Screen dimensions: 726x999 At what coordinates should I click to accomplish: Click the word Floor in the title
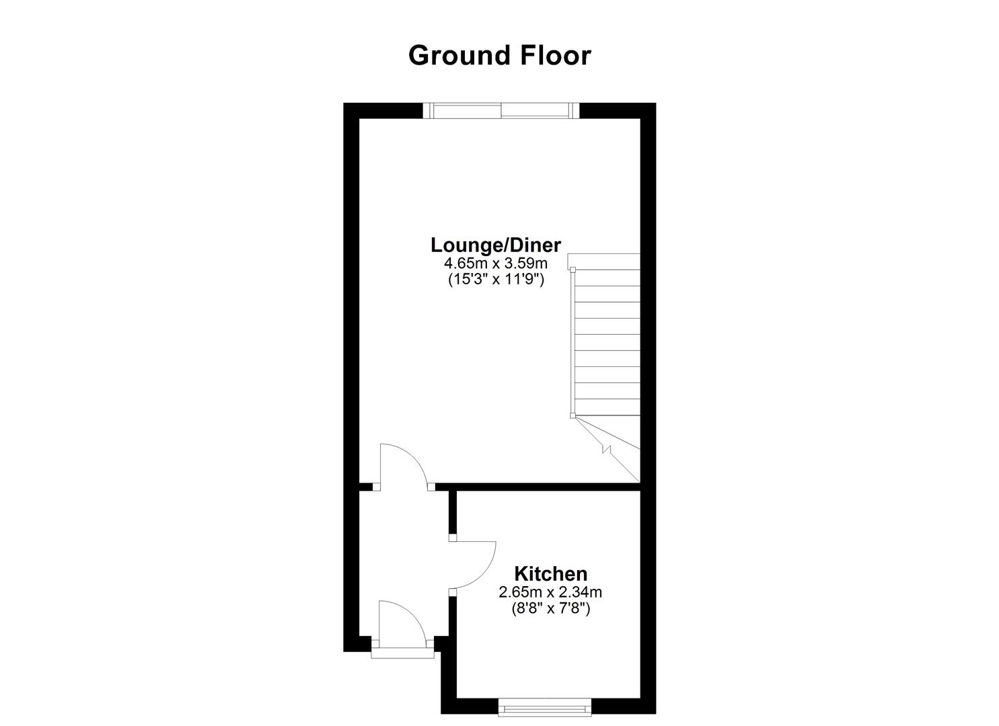pos(556,56)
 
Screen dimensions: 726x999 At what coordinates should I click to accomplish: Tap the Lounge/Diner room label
pos(496,245)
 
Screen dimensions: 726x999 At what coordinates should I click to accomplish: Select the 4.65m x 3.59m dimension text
pos(496,263)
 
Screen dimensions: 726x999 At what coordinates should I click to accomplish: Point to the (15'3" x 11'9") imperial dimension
pos(496,280)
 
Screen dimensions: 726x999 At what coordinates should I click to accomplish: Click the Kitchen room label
pos(550,574)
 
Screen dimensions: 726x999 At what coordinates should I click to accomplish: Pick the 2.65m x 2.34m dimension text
pos(550,592)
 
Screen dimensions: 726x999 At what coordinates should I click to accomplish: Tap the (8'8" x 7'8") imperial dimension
pos(550,609)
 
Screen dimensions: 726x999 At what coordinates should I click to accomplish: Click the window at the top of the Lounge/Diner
pos(501,110)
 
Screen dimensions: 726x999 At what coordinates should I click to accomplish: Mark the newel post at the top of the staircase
pos(572,269)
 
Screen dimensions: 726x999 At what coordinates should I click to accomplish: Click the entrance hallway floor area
pos(404,551)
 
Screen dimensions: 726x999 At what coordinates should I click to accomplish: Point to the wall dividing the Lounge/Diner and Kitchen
pos(538,487)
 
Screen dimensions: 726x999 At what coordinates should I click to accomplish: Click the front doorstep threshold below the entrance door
pos(403,653)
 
